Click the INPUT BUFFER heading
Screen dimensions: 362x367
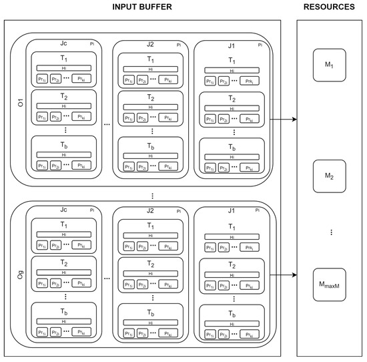click(x=143, y=8)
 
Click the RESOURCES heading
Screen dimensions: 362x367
click(x=329, y=8)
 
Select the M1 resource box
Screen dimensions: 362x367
click(x=329, y=65)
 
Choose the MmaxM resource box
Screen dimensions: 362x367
click(x=329, y=286)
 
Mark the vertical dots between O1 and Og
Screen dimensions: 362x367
click(x=153, y=196)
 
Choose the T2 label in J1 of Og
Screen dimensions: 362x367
click(x=232, y=263)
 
